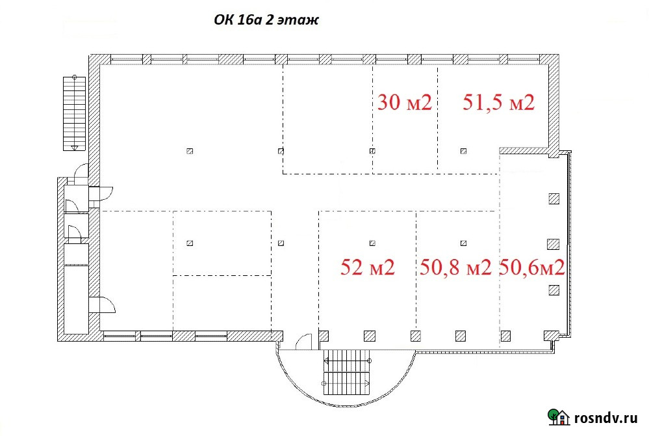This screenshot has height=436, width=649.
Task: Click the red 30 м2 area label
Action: (404, 102)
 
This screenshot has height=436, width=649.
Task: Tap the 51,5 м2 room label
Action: (498, 102)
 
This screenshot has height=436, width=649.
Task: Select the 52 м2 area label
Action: (368, 267)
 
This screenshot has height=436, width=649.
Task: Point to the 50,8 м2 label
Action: (455, 267)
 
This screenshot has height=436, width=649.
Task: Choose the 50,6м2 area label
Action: (532, 267)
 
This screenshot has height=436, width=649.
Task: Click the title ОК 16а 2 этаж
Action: (266, 20)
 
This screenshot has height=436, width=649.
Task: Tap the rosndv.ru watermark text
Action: (605, 418)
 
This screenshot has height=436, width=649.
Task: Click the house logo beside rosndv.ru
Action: (559, 416)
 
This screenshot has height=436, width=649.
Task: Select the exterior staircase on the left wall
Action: (74, 113)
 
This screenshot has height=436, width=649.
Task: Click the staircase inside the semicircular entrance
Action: (346, 372)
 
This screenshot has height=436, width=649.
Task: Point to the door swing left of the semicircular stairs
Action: (304, 342)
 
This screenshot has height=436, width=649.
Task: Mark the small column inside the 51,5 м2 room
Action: (464, 151)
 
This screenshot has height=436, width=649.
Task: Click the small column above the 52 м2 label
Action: (372, 243)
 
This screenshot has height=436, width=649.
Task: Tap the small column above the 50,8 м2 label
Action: (464, 243)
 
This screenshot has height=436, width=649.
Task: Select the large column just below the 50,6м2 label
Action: (554, 290)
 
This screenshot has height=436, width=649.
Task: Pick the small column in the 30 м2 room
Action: (372, 151)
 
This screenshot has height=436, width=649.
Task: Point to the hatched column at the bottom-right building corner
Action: (551, 335)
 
